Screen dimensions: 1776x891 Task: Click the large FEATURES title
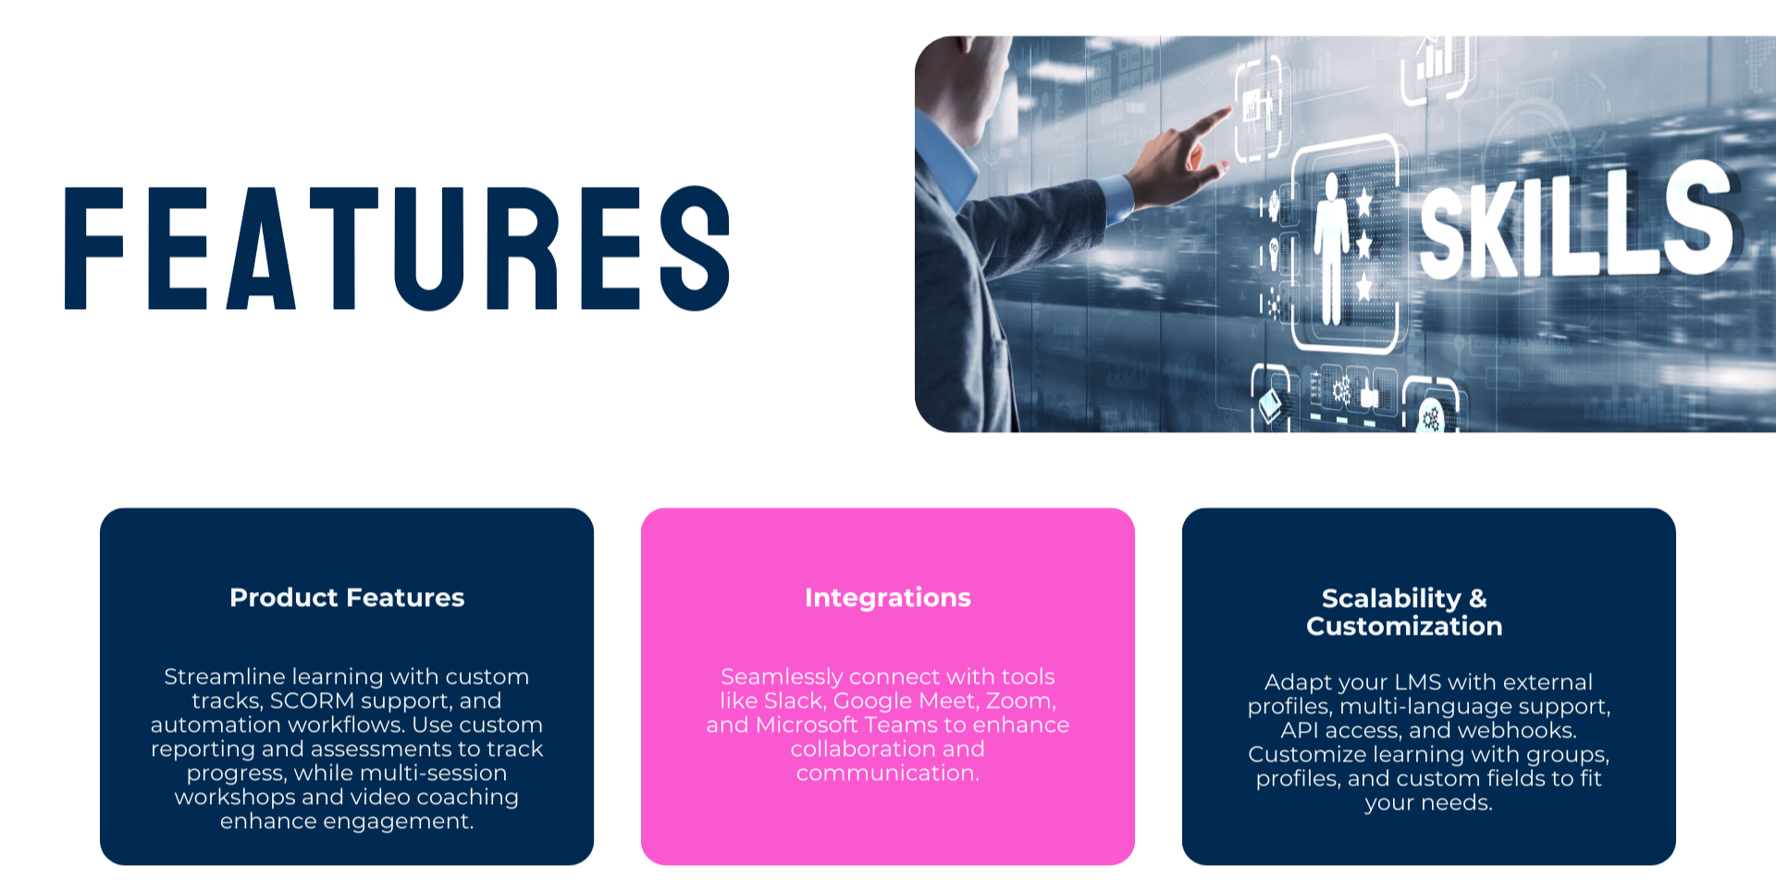(x=398, y=248)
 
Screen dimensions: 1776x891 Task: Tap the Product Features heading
(x=347, y=598)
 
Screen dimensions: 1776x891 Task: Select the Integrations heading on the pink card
(x=888, y=598)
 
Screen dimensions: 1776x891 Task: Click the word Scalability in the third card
(x=1391, y=599)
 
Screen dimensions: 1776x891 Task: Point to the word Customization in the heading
(x=1404, y=626)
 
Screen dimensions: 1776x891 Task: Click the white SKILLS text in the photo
(x=1577, y=222)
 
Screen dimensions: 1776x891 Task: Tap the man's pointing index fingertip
(x=1229, y=111)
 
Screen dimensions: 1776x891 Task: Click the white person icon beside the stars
(x=1331, y=248)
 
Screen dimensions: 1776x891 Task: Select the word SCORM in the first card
(x=312, y=701)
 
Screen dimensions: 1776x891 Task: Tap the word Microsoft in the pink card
(x=807, y=725)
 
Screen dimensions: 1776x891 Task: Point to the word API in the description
(x=1299, y=731)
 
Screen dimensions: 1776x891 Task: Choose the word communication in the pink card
(x=888, y=773)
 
